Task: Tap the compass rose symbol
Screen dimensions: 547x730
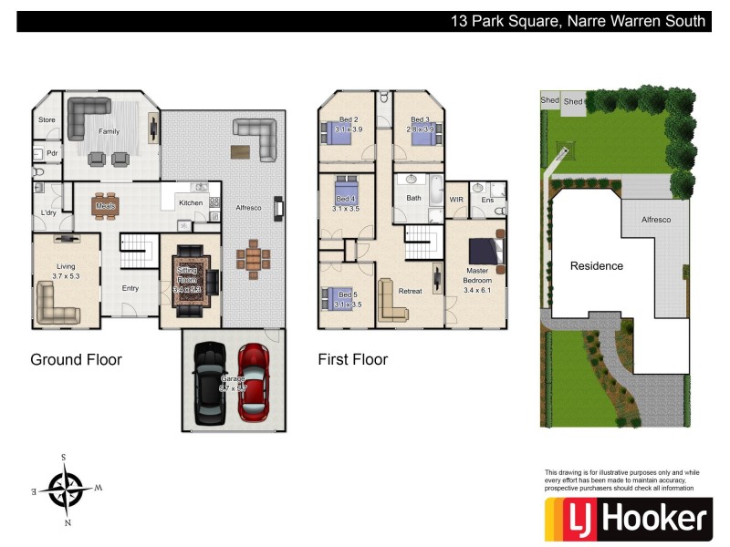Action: point(66,490)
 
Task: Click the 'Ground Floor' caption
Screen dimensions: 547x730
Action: point(76,359)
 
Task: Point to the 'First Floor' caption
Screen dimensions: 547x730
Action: point(352,359)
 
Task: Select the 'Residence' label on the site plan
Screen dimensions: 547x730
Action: point(597,266)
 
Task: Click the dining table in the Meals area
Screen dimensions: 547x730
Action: point(106,205)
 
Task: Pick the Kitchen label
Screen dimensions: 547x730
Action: point(191,202)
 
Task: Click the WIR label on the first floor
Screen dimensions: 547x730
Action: point(456,199)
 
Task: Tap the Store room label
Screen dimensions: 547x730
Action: point(47,119)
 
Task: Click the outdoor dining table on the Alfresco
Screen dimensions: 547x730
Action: point(253,257)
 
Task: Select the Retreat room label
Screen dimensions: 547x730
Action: point(411,291)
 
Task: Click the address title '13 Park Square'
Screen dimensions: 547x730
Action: point(579,21)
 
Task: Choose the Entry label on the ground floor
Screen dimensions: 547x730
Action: point(130,288)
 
